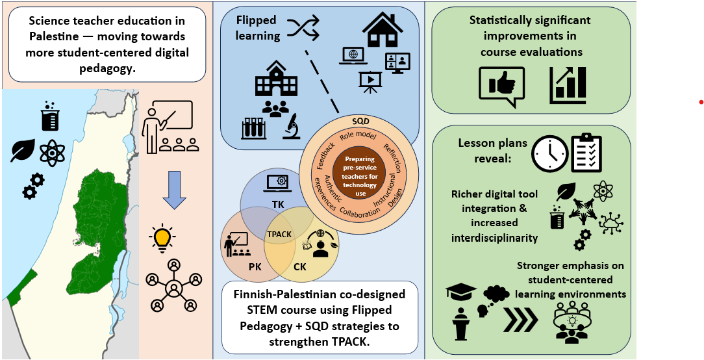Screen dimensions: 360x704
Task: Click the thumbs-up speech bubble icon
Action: tap(501, 87)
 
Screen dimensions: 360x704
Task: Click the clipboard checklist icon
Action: tap(586, 153)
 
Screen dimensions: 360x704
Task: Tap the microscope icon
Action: tap(290, 126)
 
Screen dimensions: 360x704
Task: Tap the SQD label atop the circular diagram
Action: tap(360, 121)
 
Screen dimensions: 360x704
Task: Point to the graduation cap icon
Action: tap(460, 294)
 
